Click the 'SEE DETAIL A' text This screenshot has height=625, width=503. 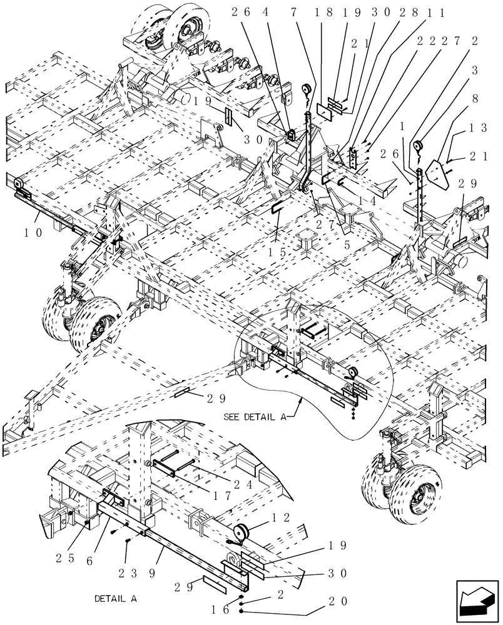point(255,417)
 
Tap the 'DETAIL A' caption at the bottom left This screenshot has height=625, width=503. point(115,598)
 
